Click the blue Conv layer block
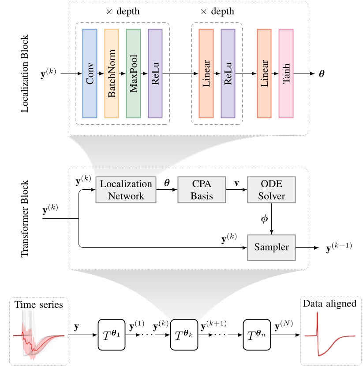90,74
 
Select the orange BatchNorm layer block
112,74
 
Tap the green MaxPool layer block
133,74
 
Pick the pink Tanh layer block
285,74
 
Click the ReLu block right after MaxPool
155,74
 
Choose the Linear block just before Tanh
264,74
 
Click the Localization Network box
126,190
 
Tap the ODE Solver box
271,190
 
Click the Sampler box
271,247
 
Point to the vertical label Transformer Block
25,218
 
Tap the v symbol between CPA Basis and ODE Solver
236,182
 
